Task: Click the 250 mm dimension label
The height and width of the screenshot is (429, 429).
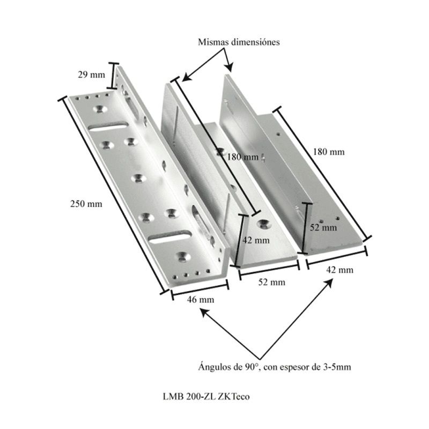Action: coord(86,204)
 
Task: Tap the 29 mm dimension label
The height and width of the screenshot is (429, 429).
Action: coord(91,75)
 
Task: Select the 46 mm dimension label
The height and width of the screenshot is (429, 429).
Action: coord(201,300)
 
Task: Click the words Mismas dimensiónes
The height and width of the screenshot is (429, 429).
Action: coord(239,42)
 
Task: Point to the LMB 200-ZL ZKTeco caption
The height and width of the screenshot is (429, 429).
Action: coord(206,396)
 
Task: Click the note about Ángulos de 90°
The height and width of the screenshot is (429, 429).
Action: coord(275,367)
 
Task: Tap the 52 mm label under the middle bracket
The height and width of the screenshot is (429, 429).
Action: coord(272,282)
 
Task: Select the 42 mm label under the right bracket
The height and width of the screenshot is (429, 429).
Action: coord(340,270)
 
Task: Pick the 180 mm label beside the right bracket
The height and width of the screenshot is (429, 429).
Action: coord(329,152)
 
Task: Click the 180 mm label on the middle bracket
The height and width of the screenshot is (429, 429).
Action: coord(243,157)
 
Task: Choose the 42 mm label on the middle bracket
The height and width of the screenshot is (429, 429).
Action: coord(256,240)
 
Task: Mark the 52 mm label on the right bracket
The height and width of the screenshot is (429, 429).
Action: coord(323,227)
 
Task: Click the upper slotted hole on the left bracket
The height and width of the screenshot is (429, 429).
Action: coord(108,127)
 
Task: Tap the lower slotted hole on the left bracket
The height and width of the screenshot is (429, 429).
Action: coord(169,236)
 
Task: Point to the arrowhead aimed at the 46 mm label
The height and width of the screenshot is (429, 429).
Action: coord(204,312)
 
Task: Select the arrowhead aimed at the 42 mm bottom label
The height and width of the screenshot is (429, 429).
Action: coord(329,283)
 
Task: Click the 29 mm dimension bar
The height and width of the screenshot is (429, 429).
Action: coord(112,76)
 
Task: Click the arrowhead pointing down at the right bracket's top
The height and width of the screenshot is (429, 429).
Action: coord(230,68)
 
